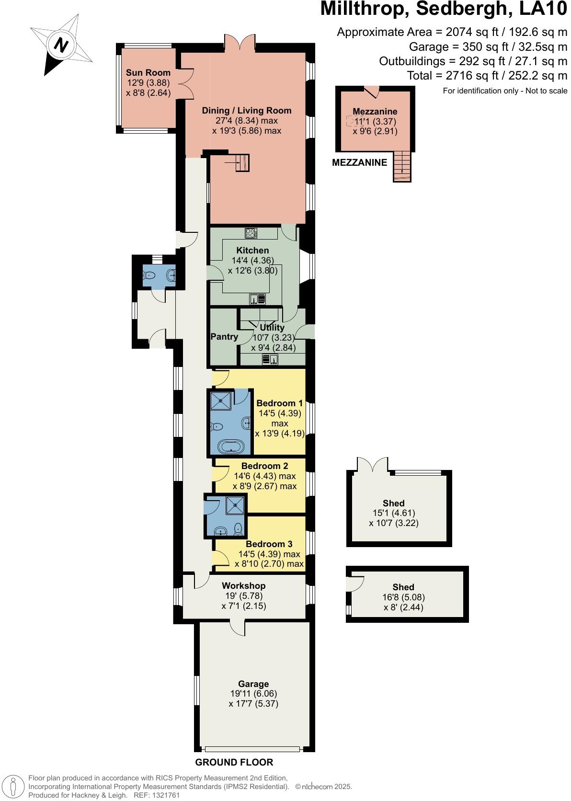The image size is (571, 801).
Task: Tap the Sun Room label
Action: point(148,73)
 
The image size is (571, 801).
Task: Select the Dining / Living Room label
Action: point(246,111)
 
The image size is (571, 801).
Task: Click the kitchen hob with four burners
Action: point(251,233)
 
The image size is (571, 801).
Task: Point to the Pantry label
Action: point(224,337)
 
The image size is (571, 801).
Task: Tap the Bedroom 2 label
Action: point(264,466)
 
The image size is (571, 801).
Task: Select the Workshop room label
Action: point(243,586)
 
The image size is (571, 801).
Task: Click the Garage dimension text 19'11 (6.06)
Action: point(253,694)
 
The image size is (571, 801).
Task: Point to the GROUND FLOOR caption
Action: point(234,763)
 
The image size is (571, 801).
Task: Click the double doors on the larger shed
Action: point(372,465)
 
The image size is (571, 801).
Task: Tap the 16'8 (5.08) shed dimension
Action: point(403,597)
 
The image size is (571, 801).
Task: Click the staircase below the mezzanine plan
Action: point(402,166)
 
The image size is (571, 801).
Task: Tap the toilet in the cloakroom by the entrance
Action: point(148,275)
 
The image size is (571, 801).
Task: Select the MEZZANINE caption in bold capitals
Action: point(359,163)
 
